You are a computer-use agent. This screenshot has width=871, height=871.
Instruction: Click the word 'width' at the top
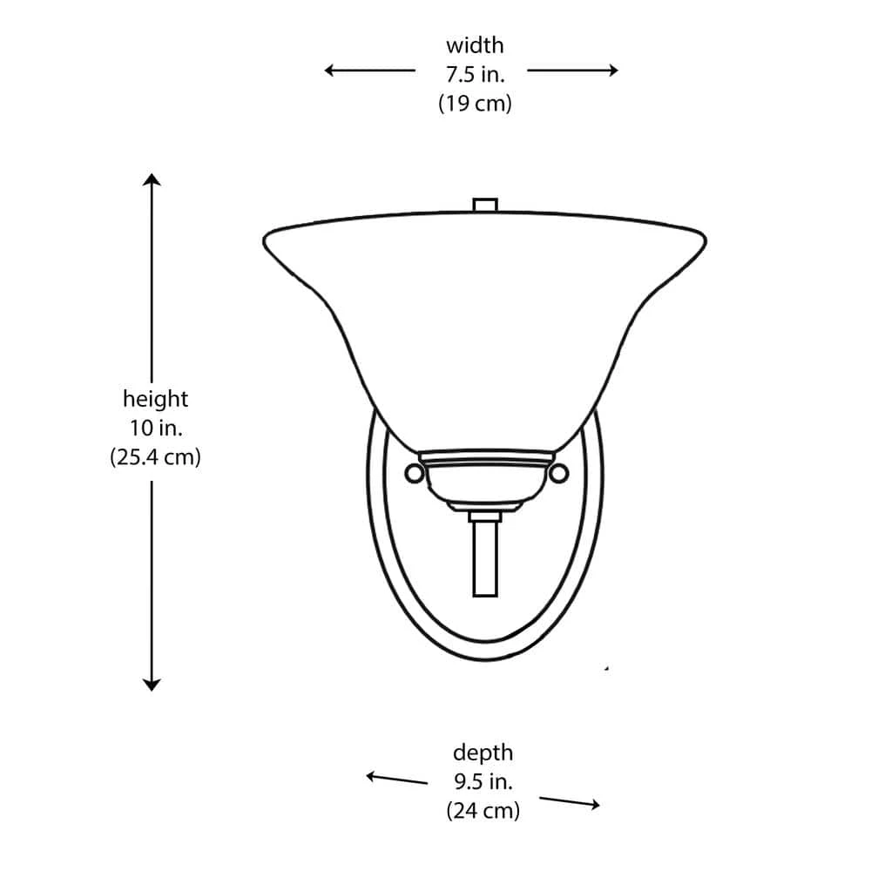475,45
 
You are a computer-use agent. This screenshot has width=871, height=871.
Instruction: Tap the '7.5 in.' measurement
475,74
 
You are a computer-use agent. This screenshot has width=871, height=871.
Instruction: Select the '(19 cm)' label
475,104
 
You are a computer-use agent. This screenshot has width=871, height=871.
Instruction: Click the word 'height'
156,399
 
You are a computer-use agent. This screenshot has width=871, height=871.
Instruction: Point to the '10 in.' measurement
156,429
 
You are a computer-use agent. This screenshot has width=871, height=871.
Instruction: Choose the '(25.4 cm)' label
156,457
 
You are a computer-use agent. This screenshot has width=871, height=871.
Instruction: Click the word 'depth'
483,753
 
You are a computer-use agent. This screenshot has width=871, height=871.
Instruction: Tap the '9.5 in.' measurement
483,781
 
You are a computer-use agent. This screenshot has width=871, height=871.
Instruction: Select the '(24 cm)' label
483,811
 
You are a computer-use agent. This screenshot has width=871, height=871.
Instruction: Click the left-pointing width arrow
370,70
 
